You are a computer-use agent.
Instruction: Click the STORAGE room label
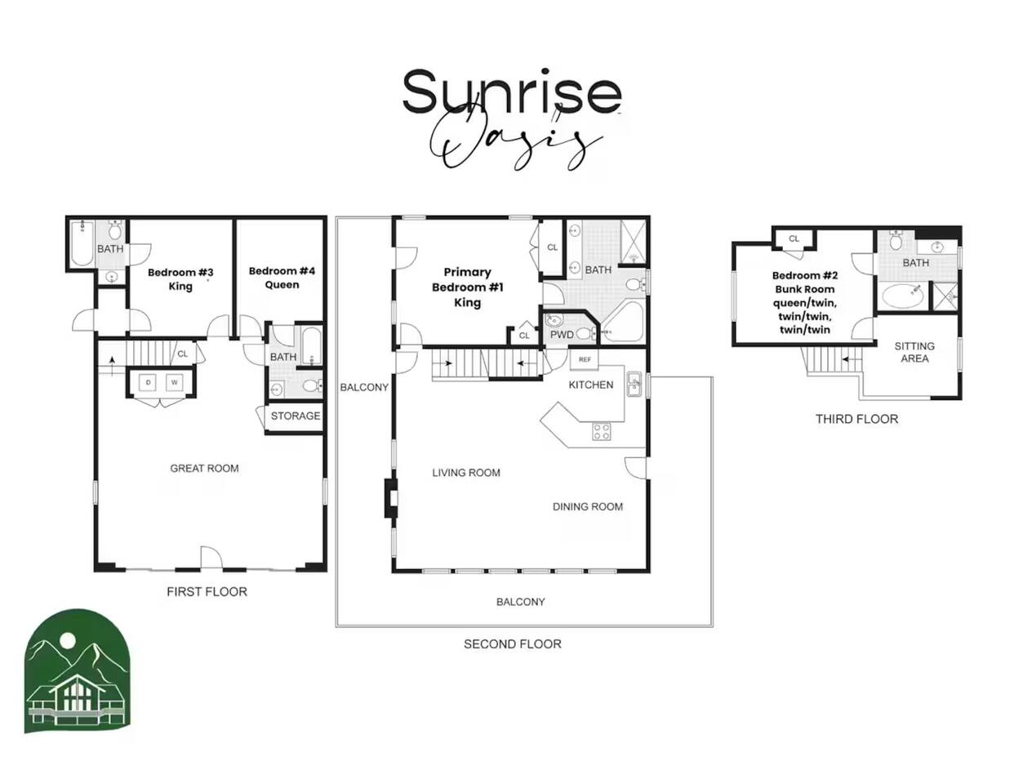click(296, 416)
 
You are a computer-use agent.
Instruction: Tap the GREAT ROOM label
click(204, 468)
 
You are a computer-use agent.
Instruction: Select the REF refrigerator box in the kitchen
click(585, 359)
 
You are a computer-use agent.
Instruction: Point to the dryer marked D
click(149, 383)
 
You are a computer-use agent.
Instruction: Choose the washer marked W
click(174, 383)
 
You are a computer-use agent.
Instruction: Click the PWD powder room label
click(562, 335)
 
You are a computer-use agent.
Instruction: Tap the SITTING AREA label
click(914, 352)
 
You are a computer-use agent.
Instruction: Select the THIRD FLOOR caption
click(856, 419)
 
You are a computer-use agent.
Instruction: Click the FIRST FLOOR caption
click(207, 592)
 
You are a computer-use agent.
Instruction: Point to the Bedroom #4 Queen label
click(282, 278)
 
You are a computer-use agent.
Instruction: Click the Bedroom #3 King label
click(180, 279)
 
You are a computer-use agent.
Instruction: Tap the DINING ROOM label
click(588, 507)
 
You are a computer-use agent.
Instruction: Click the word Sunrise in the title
click(512, 91)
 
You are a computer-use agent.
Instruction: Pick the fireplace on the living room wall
click(391, 498)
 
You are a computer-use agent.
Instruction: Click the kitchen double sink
click(634, 384)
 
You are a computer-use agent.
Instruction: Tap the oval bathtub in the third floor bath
click(902, 296)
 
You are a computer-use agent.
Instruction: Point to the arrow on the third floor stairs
click(852, 359)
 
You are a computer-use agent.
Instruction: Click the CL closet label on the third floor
click(794, 238)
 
